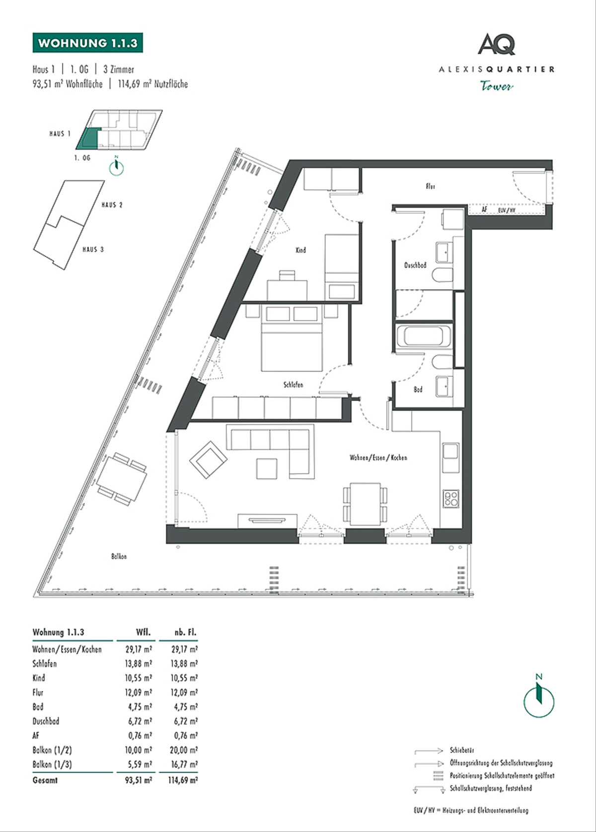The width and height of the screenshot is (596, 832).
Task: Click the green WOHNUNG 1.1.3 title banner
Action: [88, 43]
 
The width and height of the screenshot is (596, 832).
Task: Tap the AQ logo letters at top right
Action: [497, 44]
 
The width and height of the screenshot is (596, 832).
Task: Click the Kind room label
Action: [300, 250]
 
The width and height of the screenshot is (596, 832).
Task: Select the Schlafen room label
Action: [293, 385]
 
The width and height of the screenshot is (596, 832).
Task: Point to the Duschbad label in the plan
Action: [415, 265]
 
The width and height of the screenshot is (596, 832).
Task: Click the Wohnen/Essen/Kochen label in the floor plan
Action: [378, 458]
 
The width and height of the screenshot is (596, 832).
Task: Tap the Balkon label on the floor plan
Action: [119, 556]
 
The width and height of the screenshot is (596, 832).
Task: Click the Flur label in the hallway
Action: [431, 186]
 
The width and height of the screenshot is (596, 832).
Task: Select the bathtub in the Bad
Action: [424, 336]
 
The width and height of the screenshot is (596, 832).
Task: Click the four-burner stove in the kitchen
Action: [451, 499]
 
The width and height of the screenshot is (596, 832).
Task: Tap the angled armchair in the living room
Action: [208, 460]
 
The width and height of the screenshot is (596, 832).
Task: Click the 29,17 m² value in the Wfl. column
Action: [139, 649]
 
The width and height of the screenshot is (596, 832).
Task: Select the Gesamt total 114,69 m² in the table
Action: [183, 780]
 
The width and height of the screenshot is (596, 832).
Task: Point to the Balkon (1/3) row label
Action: [52, 764]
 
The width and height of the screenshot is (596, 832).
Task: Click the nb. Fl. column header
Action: [185, 632]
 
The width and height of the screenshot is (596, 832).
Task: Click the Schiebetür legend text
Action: [462, 750]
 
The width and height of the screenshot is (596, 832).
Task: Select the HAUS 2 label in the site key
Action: [112, 205]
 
